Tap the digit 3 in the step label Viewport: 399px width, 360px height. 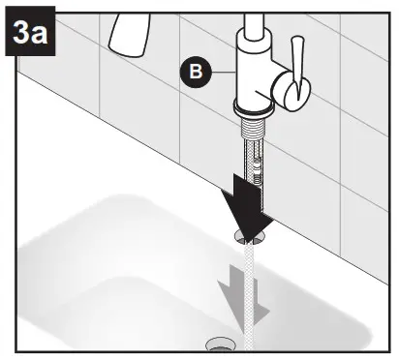tap(20, 38)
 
